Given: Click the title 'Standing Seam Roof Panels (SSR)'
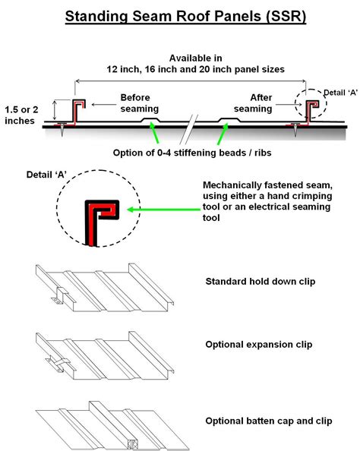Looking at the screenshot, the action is [185, 17].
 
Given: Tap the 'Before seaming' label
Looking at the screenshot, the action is [139, 103].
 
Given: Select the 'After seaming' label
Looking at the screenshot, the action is [253, 103].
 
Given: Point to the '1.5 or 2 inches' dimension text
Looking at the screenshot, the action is [21, 115].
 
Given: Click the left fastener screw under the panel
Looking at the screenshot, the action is [62, 128].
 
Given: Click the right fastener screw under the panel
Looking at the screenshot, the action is [295, 129].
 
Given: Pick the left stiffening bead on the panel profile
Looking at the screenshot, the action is [150, 120].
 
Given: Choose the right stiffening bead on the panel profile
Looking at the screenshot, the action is [229, 120].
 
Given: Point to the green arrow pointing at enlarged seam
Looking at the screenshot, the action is [163, 210].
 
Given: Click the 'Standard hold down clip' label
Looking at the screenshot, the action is [261, 281].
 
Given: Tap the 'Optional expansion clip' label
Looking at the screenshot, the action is [259, 344].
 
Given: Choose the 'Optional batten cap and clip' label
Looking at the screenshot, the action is [269, 421].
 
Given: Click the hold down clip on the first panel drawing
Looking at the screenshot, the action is [60, 295].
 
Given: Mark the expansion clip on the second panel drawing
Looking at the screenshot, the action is [58, 364].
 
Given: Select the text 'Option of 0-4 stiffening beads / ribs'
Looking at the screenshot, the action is [192, 153].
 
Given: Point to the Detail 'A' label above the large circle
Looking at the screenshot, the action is [46, 175].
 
